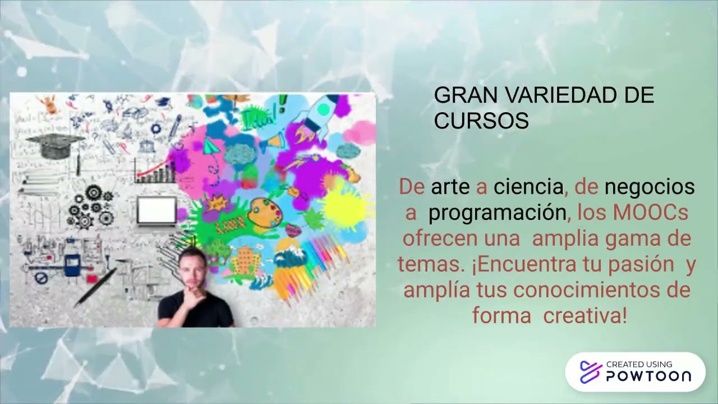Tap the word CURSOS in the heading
481,121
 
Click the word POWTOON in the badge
648,376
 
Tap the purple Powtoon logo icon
590,372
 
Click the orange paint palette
265,213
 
